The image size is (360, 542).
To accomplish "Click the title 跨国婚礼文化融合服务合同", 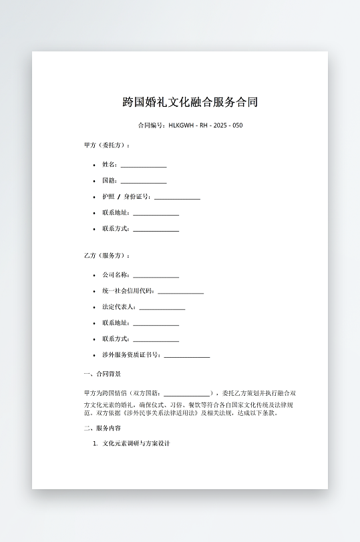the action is [190, 102].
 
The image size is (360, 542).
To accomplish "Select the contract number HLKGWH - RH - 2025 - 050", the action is [206, 125].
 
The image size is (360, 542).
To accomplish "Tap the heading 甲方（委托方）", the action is [107, 145].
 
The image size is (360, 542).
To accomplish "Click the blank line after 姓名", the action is [144, 166].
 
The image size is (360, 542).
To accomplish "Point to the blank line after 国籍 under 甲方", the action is [144, 182].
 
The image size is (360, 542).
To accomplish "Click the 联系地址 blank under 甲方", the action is [156, 214].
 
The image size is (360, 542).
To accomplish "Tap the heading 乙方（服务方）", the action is [107, 256].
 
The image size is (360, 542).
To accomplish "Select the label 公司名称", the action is [116, 274].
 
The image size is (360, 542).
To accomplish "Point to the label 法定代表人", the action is [119, 307].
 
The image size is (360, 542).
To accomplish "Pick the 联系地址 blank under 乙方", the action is [156, 324].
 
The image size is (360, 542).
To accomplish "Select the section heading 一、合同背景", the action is [102, 374].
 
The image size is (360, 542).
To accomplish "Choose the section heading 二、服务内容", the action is [102, 429].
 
